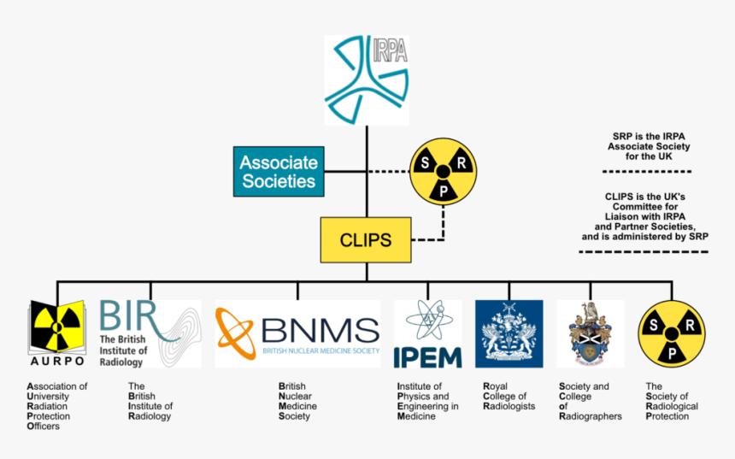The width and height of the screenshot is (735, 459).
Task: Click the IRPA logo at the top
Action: [367, 80]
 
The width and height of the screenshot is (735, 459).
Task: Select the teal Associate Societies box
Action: [278, 171]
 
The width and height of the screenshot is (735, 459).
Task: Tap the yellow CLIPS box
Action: [367, 240]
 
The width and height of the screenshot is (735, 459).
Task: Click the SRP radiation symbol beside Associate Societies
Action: [442, 170]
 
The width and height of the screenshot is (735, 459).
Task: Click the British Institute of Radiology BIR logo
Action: [150, 333]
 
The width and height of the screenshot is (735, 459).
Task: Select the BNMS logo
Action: [297, 333]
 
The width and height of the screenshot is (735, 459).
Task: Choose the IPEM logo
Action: [427, 333]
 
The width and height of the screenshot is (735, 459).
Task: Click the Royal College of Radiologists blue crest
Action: [509, 333]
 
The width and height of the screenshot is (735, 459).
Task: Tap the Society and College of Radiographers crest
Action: [590, 333]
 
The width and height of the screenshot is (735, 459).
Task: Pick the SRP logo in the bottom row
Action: [672, 333]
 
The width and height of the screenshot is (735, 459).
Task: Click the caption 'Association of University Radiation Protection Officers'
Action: [56, 406]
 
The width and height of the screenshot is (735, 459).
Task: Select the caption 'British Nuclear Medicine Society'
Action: [297, 401]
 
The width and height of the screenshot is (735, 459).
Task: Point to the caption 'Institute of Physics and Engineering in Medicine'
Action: [427, 401]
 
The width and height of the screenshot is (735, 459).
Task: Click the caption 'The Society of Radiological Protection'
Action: [672, 401]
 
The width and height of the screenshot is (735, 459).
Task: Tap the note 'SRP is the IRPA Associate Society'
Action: [651, 146]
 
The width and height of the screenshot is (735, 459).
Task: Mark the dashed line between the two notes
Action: [651, 172]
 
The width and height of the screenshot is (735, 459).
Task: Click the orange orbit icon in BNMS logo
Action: [235, 332]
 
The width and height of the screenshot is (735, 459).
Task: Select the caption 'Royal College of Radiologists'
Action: [509, 396]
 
